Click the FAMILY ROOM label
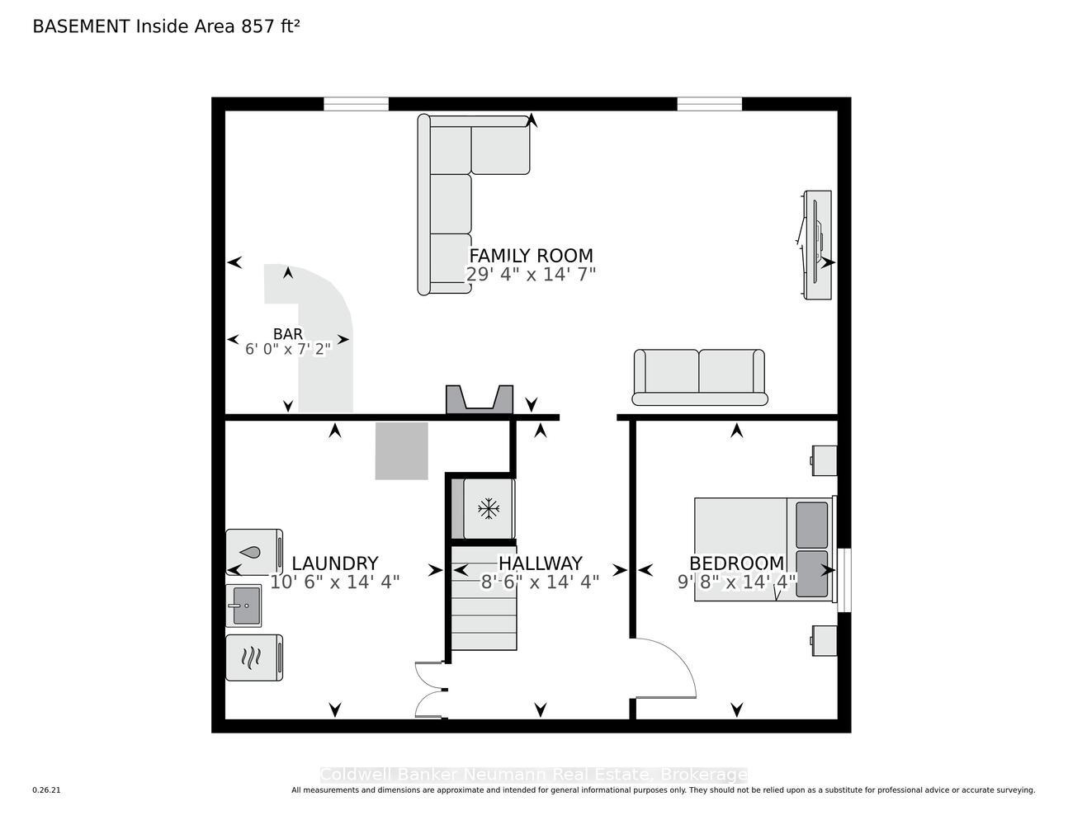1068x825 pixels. (x=531, y=256)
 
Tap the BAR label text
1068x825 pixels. (x=287, y=334)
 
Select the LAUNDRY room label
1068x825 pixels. (x=335, y=563)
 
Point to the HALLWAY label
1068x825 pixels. (x=540, y=563)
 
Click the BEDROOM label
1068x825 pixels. (x=736, y=563)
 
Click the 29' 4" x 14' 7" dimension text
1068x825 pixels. (x=531, y=274)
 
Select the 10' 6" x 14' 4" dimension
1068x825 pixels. (x=335, y=582)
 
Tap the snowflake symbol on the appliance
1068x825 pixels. (x=489, y=509)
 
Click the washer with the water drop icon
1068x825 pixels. (x=254, y=552)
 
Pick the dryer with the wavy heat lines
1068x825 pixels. (x=254, y=658)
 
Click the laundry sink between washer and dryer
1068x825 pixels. (x=243, y=606)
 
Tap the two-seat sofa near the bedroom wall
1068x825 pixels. (x=699, y=377)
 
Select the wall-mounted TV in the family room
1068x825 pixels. (x=817, y=244)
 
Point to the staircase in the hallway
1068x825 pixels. (x=484, y=598)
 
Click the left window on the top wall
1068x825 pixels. (x=356, y=104)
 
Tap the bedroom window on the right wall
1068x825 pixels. (x=844, y=580)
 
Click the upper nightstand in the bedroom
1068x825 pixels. (x=824, y=460)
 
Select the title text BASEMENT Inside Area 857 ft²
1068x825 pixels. (x=166, y=26)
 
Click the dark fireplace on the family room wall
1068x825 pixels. (x=480, y=399)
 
